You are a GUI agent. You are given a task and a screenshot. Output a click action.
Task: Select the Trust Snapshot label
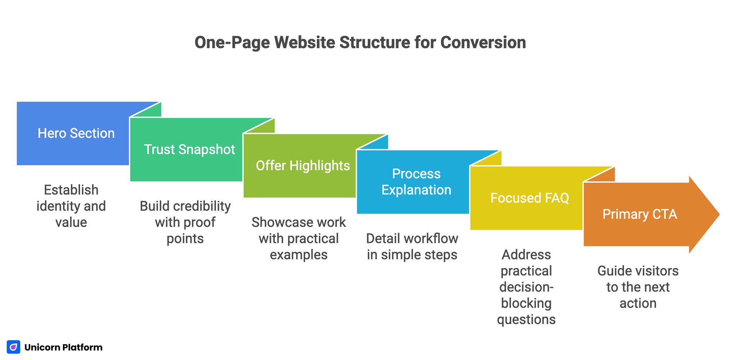click(x=189, y=150)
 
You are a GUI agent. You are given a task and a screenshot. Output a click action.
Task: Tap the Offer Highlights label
click(x=303, y=166)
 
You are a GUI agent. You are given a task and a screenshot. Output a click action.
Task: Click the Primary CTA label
click(x=639, y=214)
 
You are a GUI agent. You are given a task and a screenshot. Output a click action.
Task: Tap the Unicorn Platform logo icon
click(x=14, y=347)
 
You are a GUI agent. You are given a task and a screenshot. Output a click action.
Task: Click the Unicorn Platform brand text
click(x=63, y=347)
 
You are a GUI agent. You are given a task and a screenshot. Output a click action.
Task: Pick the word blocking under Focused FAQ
click(x=526, y=303)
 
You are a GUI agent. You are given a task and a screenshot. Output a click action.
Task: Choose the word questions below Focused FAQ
click(x=526, y=319)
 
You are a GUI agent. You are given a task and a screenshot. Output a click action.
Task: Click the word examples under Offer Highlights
click(x=299, y=255)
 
